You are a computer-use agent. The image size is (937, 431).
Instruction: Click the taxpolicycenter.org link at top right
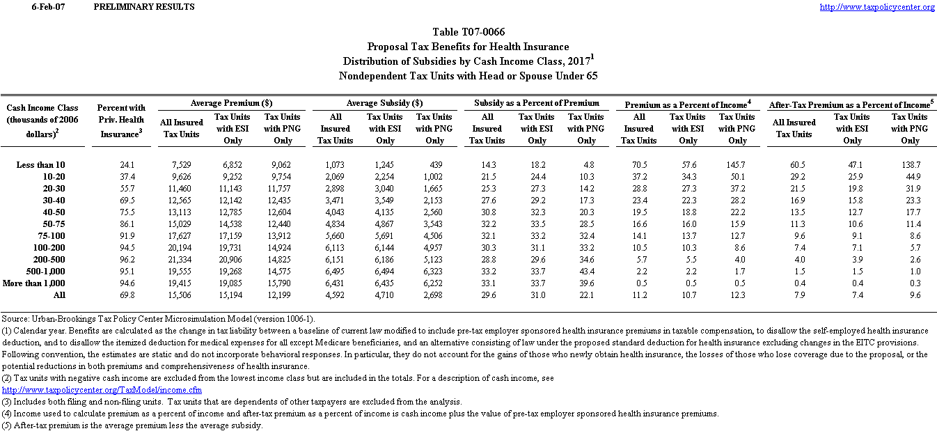[x=877, y=7]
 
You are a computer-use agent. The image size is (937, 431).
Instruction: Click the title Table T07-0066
[x=468, y=32]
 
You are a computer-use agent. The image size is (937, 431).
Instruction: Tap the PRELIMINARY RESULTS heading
[x=143, y=7]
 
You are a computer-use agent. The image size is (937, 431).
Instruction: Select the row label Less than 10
[x=40, y=164]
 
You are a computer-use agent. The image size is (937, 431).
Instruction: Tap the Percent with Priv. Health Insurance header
[x=121, y=120]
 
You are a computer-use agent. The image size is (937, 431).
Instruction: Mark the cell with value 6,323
[x=434, y=271]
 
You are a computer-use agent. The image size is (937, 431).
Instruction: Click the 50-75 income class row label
[x=52, y=224]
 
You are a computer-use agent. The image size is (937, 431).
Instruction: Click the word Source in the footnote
[x=15, y=318]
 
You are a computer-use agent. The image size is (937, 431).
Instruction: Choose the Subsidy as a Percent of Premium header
[x=537, y=103]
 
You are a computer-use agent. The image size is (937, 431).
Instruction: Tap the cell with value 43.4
[x=586, y=271]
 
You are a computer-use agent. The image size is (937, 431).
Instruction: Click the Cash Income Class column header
[x=42, y=120]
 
